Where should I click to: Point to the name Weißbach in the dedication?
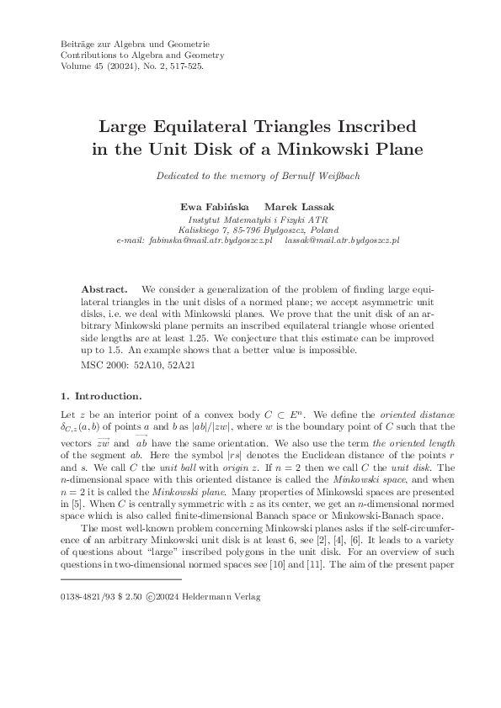click(x=322, y=176)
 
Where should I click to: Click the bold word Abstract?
click(x=109, y=287)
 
